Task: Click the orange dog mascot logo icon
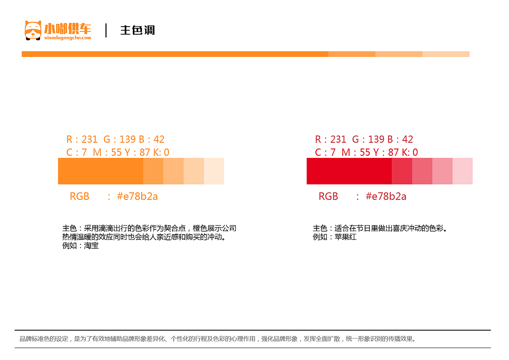(x=33, y=30)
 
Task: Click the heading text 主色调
(x=138, y=30)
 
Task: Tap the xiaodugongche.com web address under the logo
(x=68, y=38)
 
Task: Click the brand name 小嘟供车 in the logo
(x=68, y=29)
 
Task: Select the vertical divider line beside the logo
(x=106, y=30)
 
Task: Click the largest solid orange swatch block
(x=101, y=171)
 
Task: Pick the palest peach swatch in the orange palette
(x=214, y=171)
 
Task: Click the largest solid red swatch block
(x=349, y=171)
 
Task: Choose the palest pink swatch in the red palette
(x=462, y=171)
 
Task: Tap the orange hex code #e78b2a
(x=137, y=196)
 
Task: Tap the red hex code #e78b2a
(x=386, y=196)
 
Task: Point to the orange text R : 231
(x=82, y=139)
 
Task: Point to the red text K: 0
(x=410, y=152)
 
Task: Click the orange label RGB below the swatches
(x=80, y=196)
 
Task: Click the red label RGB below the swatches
(x=328, y=196)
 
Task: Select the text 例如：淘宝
(x=80, y=246)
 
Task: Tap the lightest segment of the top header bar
(x=446, y=54)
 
